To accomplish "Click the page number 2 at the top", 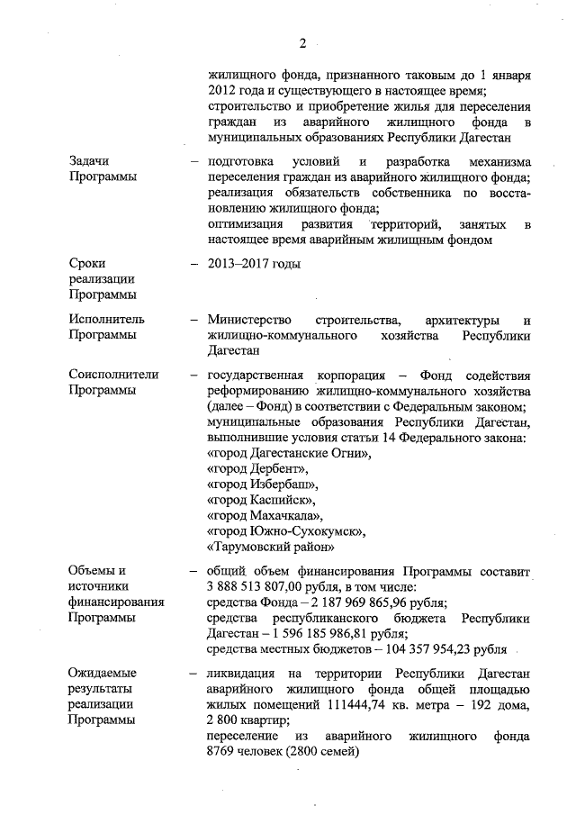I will click(x=303, y=42).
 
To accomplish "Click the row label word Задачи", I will click(x=90, y=160).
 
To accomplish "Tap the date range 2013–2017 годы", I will click(x=253, y=263).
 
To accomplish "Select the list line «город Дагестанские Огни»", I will click(x=288, y=455).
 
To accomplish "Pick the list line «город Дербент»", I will click(x=257, y=470).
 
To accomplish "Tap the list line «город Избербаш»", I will click(x=262, y=485).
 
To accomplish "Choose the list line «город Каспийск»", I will click(x=261, y=501).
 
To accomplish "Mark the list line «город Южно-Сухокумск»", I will click(x=285, y=531).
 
